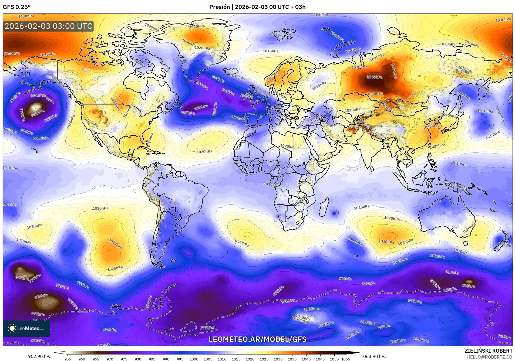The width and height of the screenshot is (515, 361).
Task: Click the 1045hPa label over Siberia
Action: [374, 77]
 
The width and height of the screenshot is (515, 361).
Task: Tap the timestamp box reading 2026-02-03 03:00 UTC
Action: [48, 26]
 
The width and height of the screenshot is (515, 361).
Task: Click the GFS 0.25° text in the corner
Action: [16, 7]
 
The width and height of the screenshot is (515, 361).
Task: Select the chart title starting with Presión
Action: [257, 7]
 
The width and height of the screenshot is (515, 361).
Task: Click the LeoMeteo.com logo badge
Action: [26, 328]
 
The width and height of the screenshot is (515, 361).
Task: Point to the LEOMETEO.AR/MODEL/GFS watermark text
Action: [257, 339]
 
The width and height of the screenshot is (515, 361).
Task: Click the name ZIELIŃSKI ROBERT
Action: [488, 351]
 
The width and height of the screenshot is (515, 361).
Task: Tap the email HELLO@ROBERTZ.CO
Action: [490, 357]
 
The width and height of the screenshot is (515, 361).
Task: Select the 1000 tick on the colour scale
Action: [194, 359]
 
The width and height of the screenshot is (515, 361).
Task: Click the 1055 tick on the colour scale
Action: [346, 359]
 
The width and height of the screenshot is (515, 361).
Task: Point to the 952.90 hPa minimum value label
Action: [40, 356]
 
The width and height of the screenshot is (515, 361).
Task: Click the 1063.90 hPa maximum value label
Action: [373, 356]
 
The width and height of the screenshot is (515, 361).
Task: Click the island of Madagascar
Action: [324, 207]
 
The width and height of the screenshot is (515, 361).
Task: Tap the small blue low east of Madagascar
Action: [334, 213]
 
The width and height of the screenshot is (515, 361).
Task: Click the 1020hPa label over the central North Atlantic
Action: [204, 152]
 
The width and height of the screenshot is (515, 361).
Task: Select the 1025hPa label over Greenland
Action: [197, 26]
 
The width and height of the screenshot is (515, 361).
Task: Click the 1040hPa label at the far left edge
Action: [12, 54]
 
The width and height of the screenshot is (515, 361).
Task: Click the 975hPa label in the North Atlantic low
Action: [201, 107]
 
